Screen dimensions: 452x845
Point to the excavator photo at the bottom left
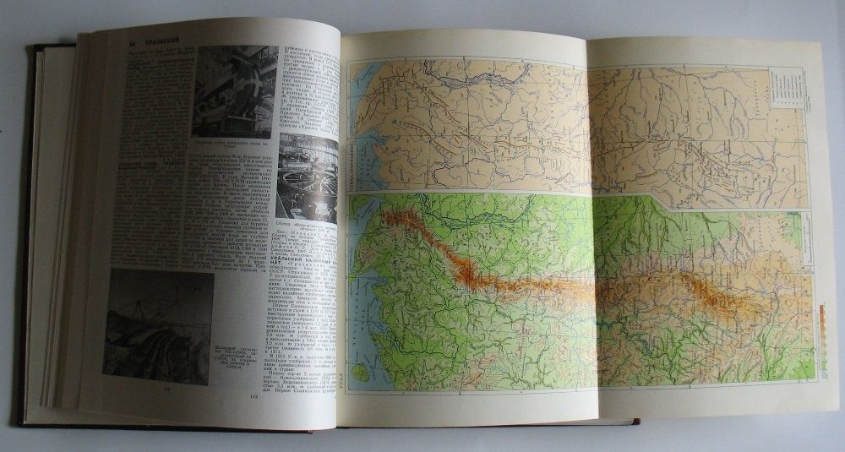coord(158,325)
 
